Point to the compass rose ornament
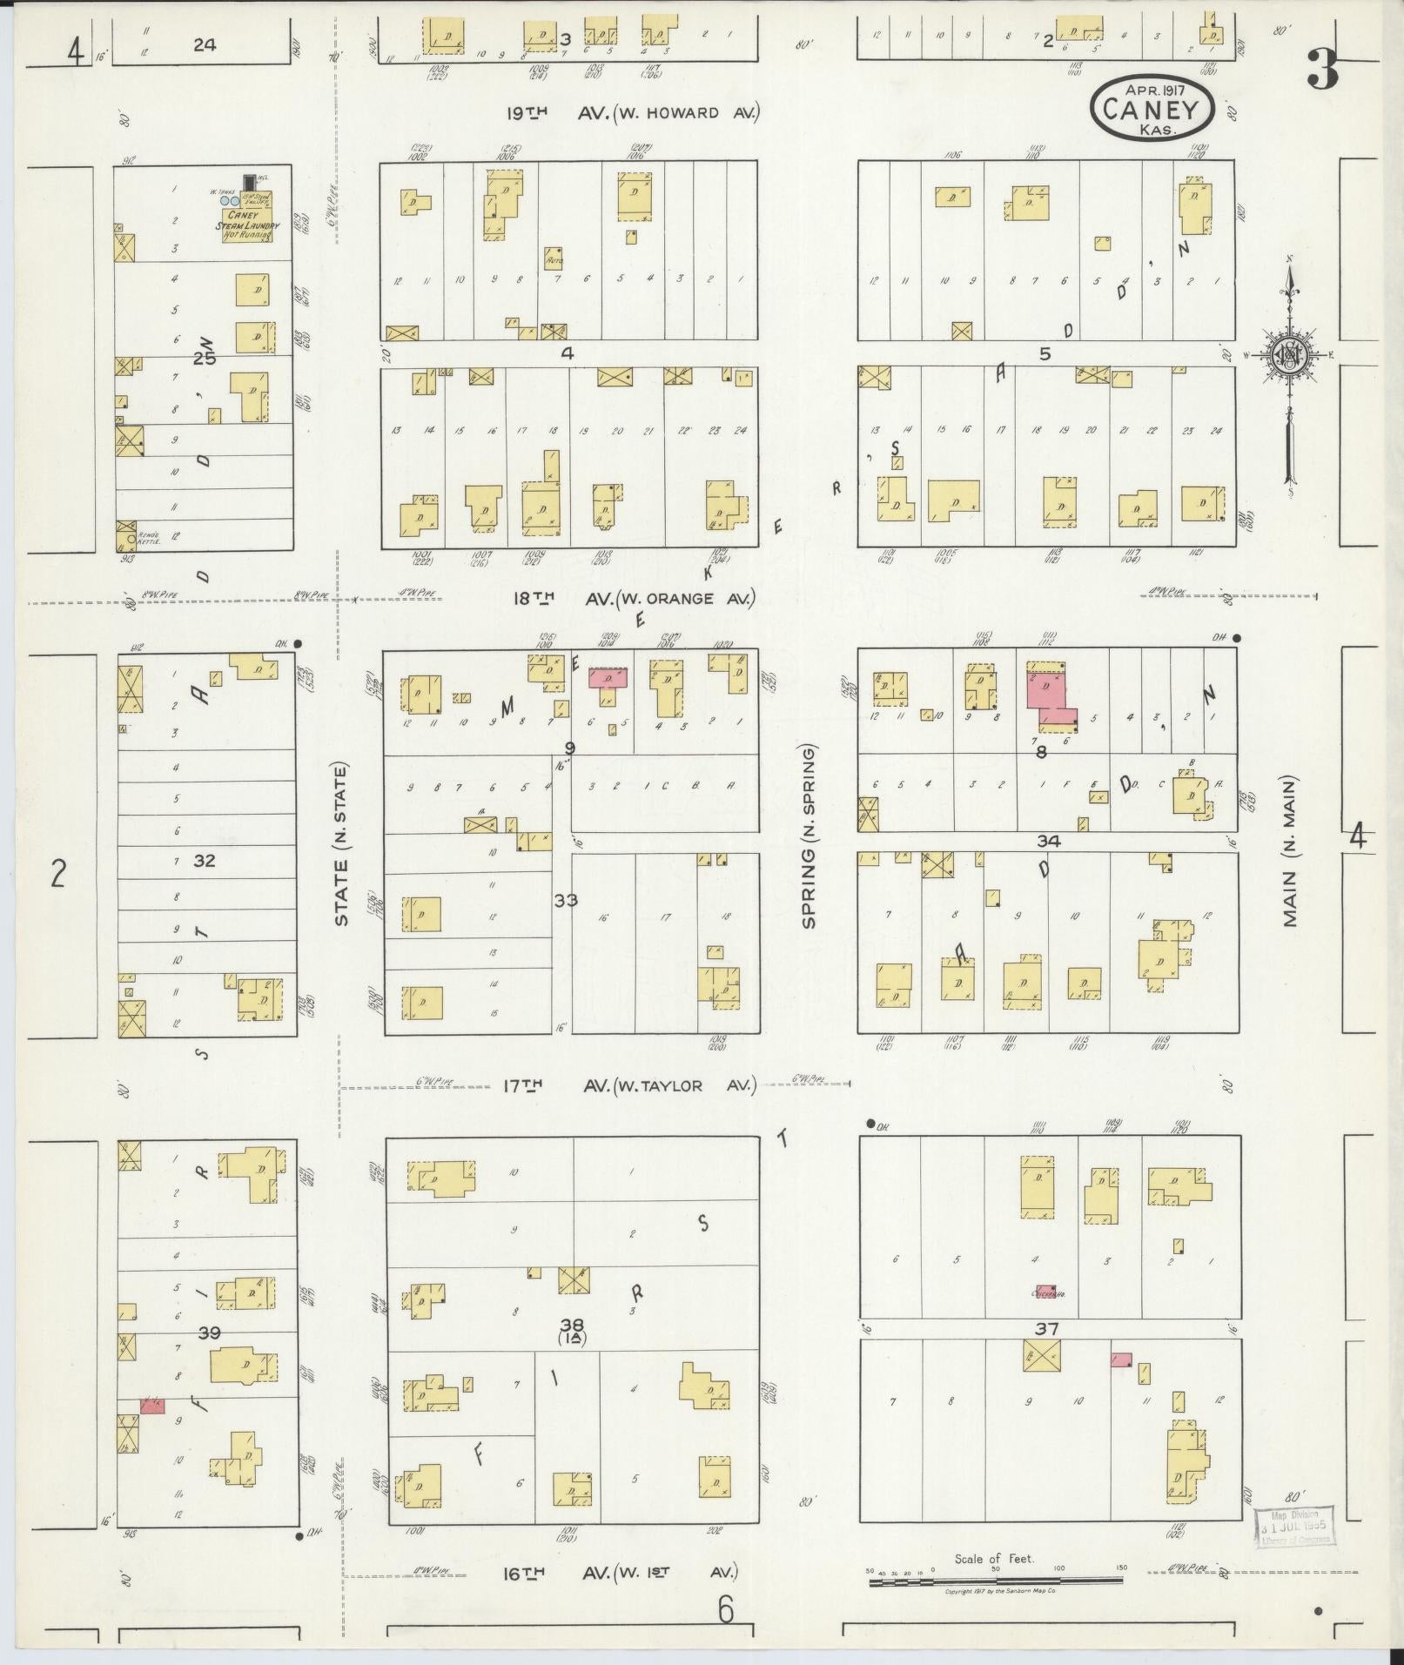click(1288, 356)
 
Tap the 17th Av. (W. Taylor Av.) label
click(628, 1085)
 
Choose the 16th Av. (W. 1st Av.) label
click(620, 1573)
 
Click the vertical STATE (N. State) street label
click(341, 844)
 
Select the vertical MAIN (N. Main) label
click(1289, 851)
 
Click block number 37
click(1045, 1328)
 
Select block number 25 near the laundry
click(205, 358)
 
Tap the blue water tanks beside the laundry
click(230, 200)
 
